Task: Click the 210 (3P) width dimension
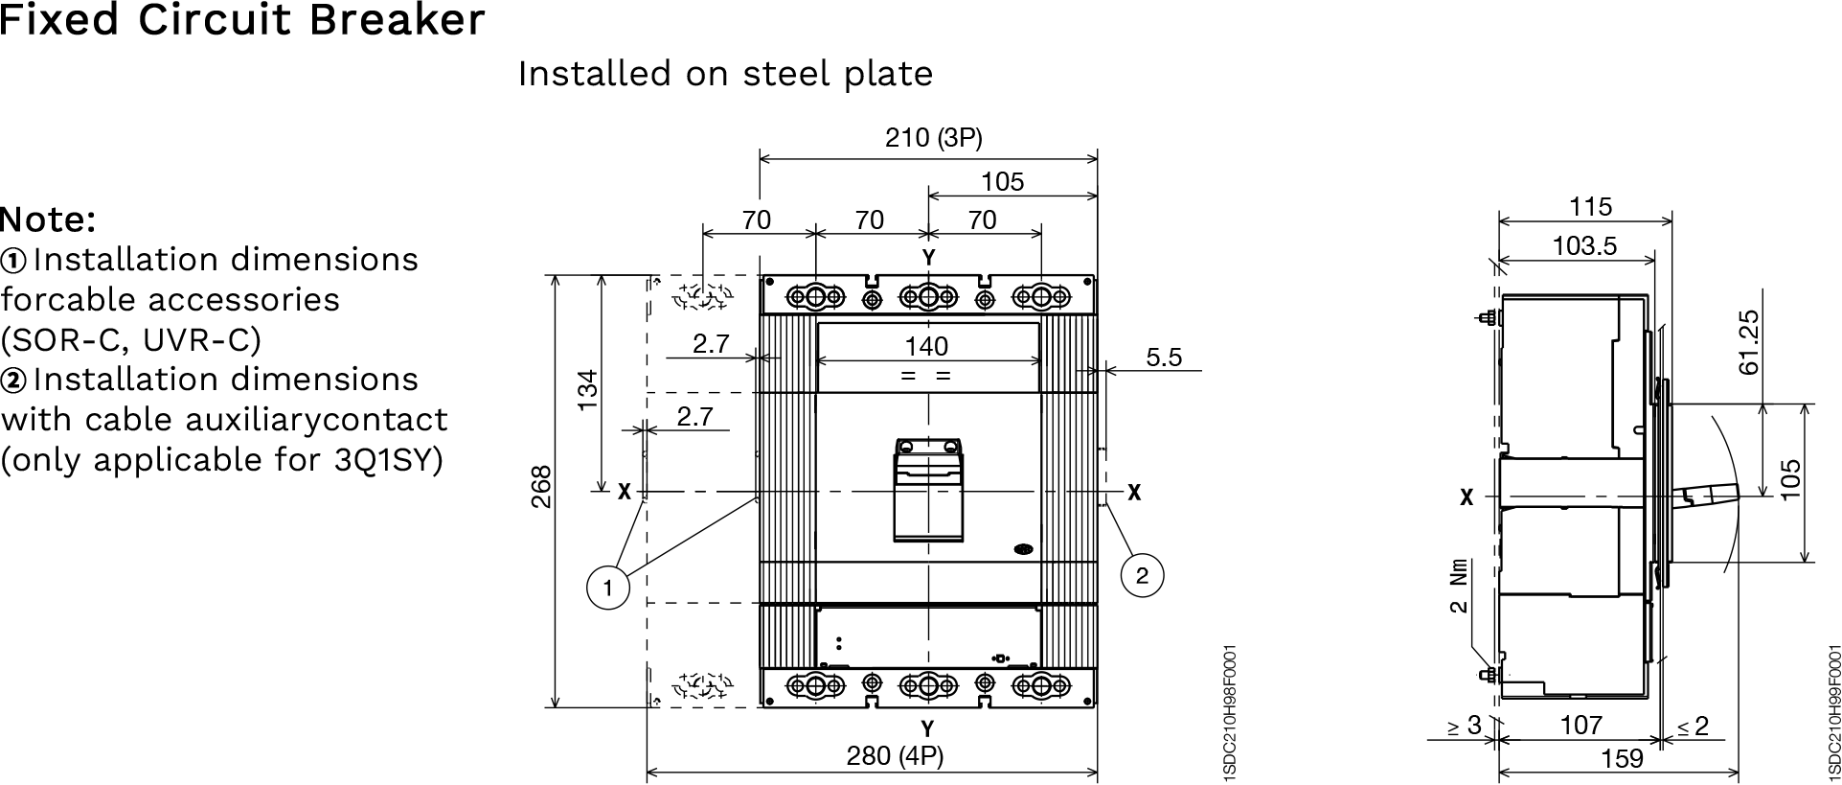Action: [x=933, y=139]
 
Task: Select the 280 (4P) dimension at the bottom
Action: [x=895, y=756]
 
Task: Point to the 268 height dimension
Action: [x=542, y=487]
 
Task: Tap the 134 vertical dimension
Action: [x=587, y=390]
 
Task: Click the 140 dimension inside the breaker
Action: [x=926, y=346]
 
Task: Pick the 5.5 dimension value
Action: [x=1164, y=358]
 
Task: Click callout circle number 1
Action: [x=606, y=587]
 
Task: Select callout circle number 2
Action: [x=1142, y=575]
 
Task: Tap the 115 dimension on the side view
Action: [x=1591, y=206]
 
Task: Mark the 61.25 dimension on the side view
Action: [x=1749, y=342]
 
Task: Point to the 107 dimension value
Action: [x=1580, y=726]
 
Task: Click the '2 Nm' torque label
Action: [x=1458, y=586]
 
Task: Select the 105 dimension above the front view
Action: [x=1002, y=181]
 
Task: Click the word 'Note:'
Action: [x=49, y=220]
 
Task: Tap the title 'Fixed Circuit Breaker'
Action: [x=242, y=21]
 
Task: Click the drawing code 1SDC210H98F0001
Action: [x=1230, y=713]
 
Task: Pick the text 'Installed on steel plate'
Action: [x=725, y=74]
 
